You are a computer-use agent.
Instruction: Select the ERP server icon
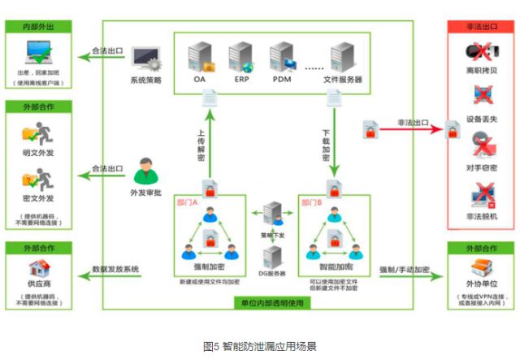tap(241, 58)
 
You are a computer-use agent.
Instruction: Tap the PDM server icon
tap(283, 58)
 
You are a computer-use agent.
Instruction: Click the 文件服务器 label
tap(343, 80)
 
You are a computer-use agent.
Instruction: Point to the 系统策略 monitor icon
tap(145, 58)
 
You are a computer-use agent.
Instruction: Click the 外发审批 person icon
tap(145, 171)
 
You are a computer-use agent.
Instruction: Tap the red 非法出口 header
tap(482, 26)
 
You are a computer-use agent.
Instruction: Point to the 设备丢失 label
tap(482, 119)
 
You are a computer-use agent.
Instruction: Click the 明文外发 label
tap(40, 152)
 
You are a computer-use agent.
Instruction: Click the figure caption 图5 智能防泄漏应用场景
tap(259, 345)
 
